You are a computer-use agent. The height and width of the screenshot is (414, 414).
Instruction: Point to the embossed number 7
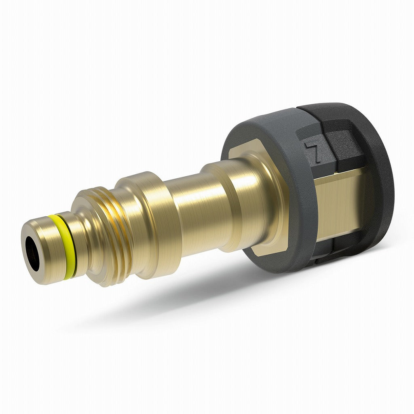[x=314, y=152]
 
